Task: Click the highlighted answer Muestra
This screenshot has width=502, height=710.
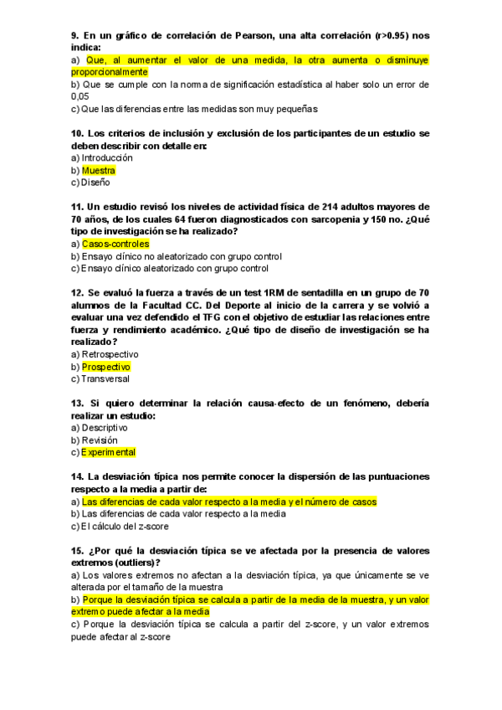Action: tap(99, 170)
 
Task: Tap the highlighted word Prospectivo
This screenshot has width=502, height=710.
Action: tap(106, 367)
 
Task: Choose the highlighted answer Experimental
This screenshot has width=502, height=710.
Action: tap(108, 452)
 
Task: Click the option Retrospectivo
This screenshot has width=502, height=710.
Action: tap(110, 354)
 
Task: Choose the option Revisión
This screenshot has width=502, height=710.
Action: tap(100, 440)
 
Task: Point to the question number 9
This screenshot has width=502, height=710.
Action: tap(74, 35)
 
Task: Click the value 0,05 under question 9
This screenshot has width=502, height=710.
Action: tap(80, 96)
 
